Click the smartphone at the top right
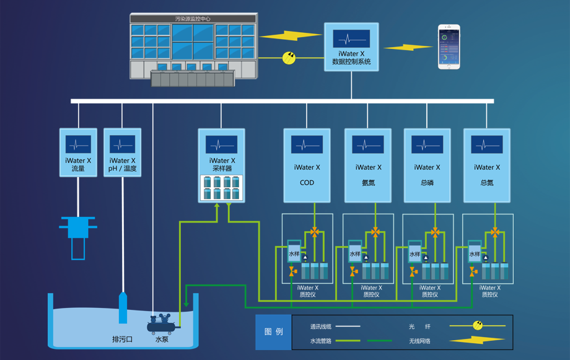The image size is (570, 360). [x=449, y=46]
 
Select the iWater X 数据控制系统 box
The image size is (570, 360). [x=351, y=48]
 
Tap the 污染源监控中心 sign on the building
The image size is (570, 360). [x=193, y=19]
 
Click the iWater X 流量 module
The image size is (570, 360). [x=78, y=152]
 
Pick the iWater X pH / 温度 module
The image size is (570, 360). [x=122, y=152]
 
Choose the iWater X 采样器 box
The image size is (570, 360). [x=221, y=165]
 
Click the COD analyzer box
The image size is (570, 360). [x=307, y=165]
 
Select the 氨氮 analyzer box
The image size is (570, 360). [x=367, y=165]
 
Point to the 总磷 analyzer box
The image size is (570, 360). [x=427, y=165]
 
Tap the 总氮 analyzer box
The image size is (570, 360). [x=487, y=165]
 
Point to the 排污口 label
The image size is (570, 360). [x=122, y=340]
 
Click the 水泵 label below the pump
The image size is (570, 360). [x=162, y=340]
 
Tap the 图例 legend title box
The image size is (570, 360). [x=273, y=332]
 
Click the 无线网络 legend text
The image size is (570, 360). [x=419, y=341]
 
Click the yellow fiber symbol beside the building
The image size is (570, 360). [x=289, y=58]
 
